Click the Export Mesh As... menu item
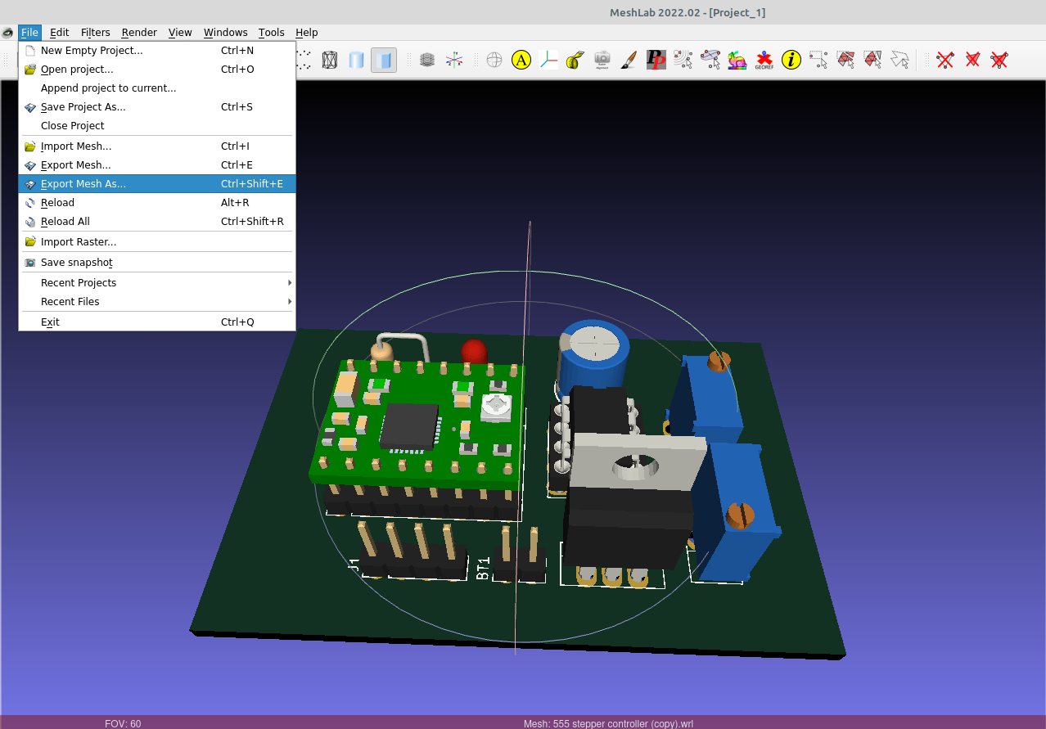83,184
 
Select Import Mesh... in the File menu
76,146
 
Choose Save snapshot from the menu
76,263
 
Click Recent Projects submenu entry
79,283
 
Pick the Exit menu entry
50,322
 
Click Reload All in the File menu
65,222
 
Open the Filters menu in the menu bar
96,33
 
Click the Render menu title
139,33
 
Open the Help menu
307,33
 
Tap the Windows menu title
225,33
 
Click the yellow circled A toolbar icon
521,60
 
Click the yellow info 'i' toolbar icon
791,60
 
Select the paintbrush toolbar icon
629,60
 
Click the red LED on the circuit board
474,352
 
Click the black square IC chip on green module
410,426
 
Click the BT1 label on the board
483,568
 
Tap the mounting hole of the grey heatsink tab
634,466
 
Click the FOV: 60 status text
123,723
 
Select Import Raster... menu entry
79,242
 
